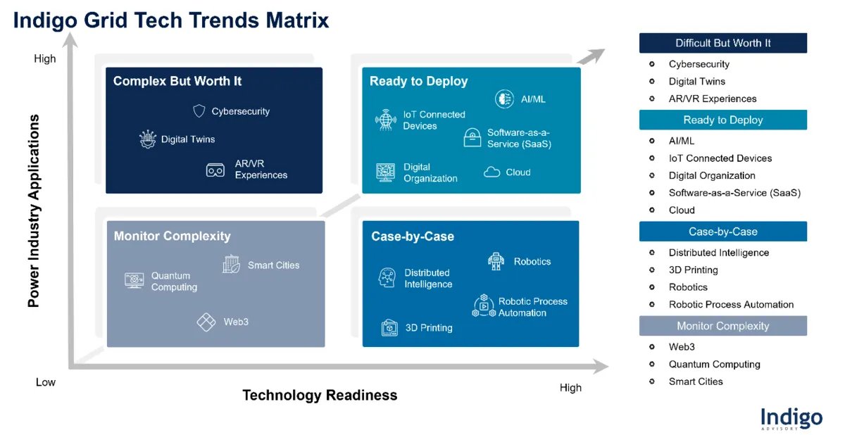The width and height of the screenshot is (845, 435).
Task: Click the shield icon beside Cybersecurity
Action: (x=199, y=111)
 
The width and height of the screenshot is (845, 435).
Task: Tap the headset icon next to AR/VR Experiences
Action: (x=215, y=170)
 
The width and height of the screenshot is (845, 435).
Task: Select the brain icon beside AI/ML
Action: (x=504, y=99)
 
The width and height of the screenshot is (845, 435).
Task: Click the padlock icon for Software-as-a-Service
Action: (x=472, y=138)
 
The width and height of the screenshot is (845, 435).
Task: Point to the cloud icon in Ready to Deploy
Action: (x=492, y=172)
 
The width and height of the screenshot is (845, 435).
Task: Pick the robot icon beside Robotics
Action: (x=496, y=261)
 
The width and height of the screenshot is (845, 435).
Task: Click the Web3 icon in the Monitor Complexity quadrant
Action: (x=206, y=322)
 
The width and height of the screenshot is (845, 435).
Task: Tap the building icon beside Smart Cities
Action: (x=231, y=265)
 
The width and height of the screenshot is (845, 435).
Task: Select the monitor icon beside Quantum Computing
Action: (x=134, y=281)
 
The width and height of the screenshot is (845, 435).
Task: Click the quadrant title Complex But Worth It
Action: (x=177, y=82)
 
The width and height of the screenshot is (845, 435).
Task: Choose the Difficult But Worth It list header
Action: (x=722, y=43)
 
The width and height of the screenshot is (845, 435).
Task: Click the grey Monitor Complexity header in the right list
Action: (x=722, y=326)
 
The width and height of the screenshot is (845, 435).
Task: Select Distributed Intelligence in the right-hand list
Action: (x=718, y=253)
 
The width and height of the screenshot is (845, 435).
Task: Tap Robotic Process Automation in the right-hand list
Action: (x=731, y=305)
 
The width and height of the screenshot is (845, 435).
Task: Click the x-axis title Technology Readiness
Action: (x=320, y=396)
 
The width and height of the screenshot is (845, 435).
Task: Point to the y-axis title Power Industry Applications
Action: (x=33, y=211)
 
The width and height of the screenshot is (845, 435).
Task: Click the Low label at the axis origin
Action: (x=46, y=382)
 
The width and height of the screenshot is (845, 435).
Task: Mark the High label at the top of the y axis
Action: (x=45, y=59)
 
